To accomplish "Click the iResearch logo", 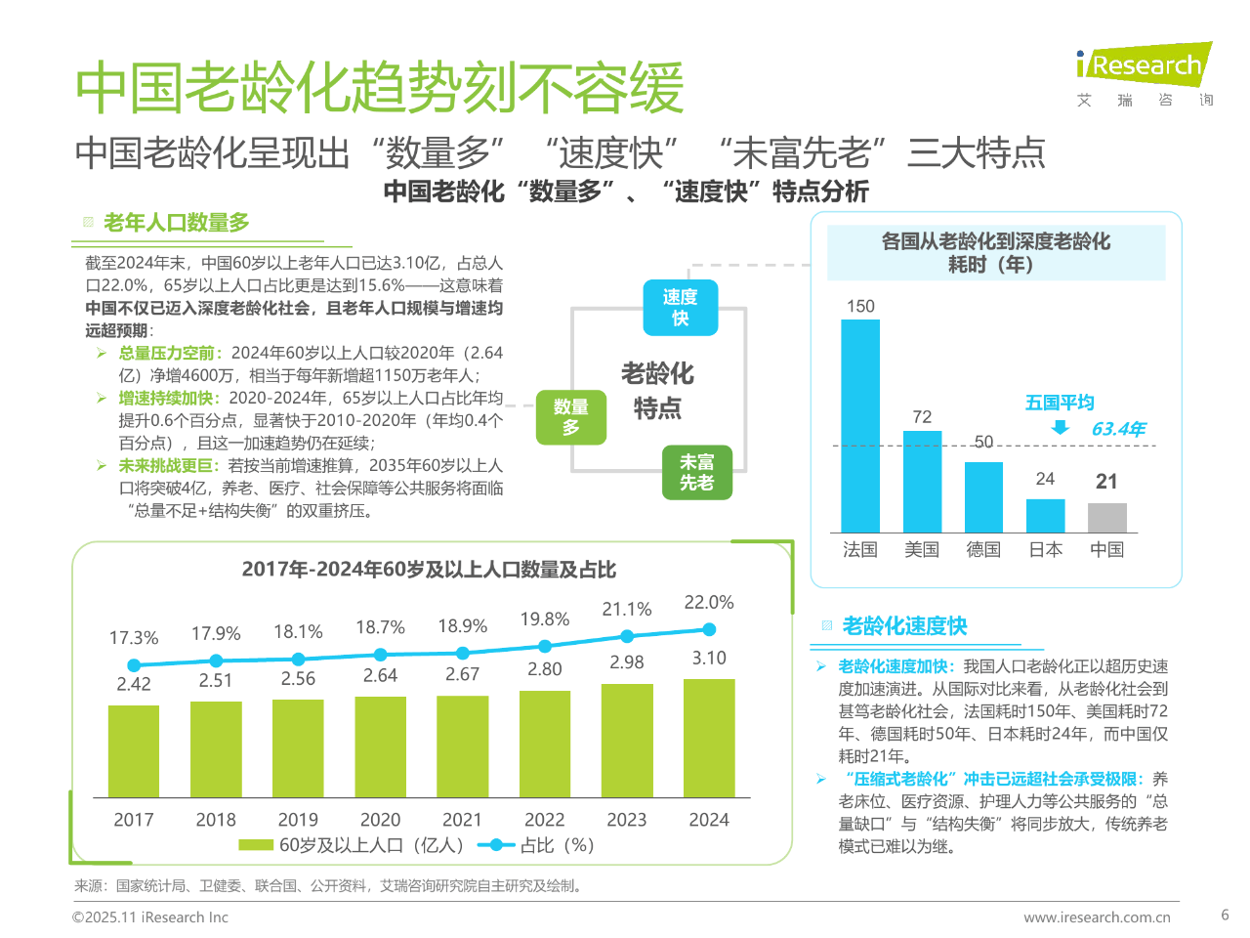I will pyautogui.click(x=1144, y=66).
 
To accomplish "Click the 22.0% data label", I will pyautogui.click(x=709, y=603).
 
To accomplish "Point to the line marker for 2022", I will pyautogui.click(x=545, y=646).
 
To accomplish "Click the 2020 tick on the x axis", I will pyautogui.click(x=380, y=820).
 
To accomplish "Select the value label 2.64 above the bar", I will pyautogui.click(x=380, y=675).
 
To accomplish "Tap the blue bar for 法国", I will pyautogui.click(x=860, y=425).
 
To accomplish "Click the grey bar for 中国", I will pyautogui.click(x=1106, y=517).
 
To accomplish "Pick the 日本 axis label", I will pyautogui.click(x=1045, y=550).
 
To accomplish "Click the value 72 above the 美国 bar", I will pyautogui.click(x=922, y=417).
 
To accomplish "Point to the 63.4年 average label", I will pyautogui.click(x=1117, y=429).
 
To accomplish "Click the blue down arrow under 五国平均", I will pyautogui.click(x=1060, y=428).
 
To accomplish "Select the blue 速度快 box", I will pyautogui.click(x=681, y=307).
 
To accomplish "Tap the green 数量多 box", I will pyautogui.click(x=571, y=416).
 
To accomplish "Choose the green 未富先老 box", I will pyautogui.click(x=696, y=472).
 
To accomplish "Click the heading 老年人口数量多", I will pyautogui.click(x=177, y=223).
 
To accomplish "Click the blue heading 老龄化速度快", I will pyautogui.click(x=904, y=625).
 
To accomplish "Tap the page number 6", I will pyautogui.click(x=1225, y=915).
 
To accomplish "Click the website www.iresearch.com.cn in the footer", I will pyautogui.click(x=1097, y=917).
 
